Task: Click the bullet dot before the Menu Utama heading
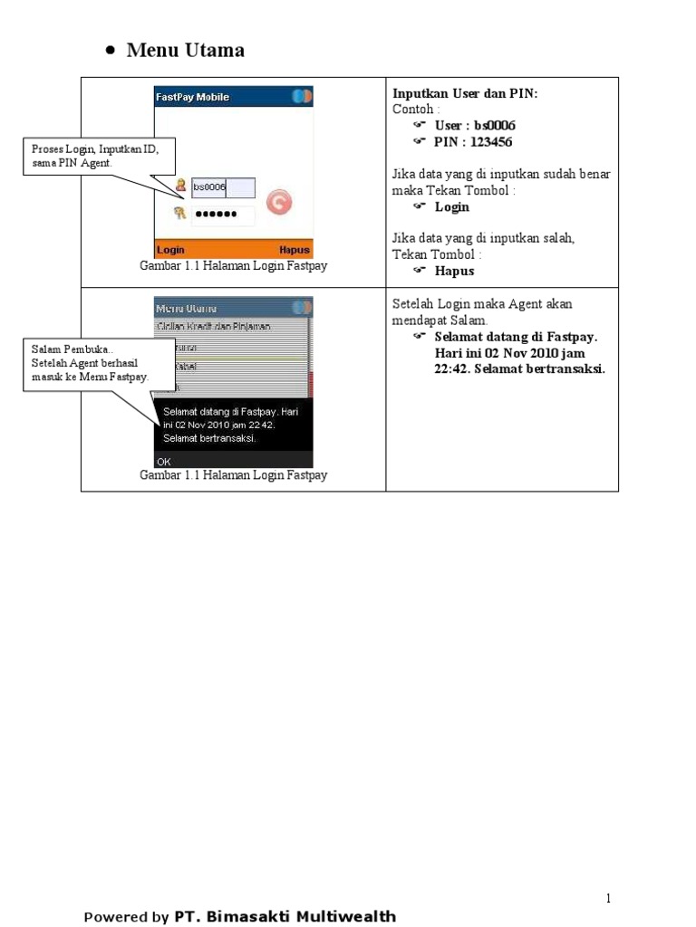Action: (x=110, y=52)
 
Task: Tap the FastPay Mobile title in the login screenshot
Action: (x=193, y=97)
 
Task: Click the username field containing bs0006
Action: (x=223, y=187)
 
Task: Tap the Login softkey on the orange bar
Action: (x=171, y=250)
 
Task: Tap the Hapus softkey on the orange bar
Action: (x=295, y=250)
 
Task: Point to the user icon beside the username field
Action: (x=180, y=186)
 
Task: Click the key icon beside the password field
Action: (x=180, y=214)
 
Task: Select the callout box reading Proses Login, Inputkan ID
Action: (x=98, y=155)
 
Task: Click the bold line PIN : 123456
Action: (x=473, y=142)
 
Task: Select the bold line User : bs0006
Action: (x=475, y=125)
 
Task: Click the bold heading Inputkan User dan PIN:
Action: (x=465, y=93)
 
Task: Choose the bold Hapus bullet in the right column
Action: (x=454, y=271)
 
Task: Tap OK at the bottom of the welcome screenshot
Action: (x=164, y=461)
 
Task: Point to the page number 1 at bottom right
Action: (x=609, y=898)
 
